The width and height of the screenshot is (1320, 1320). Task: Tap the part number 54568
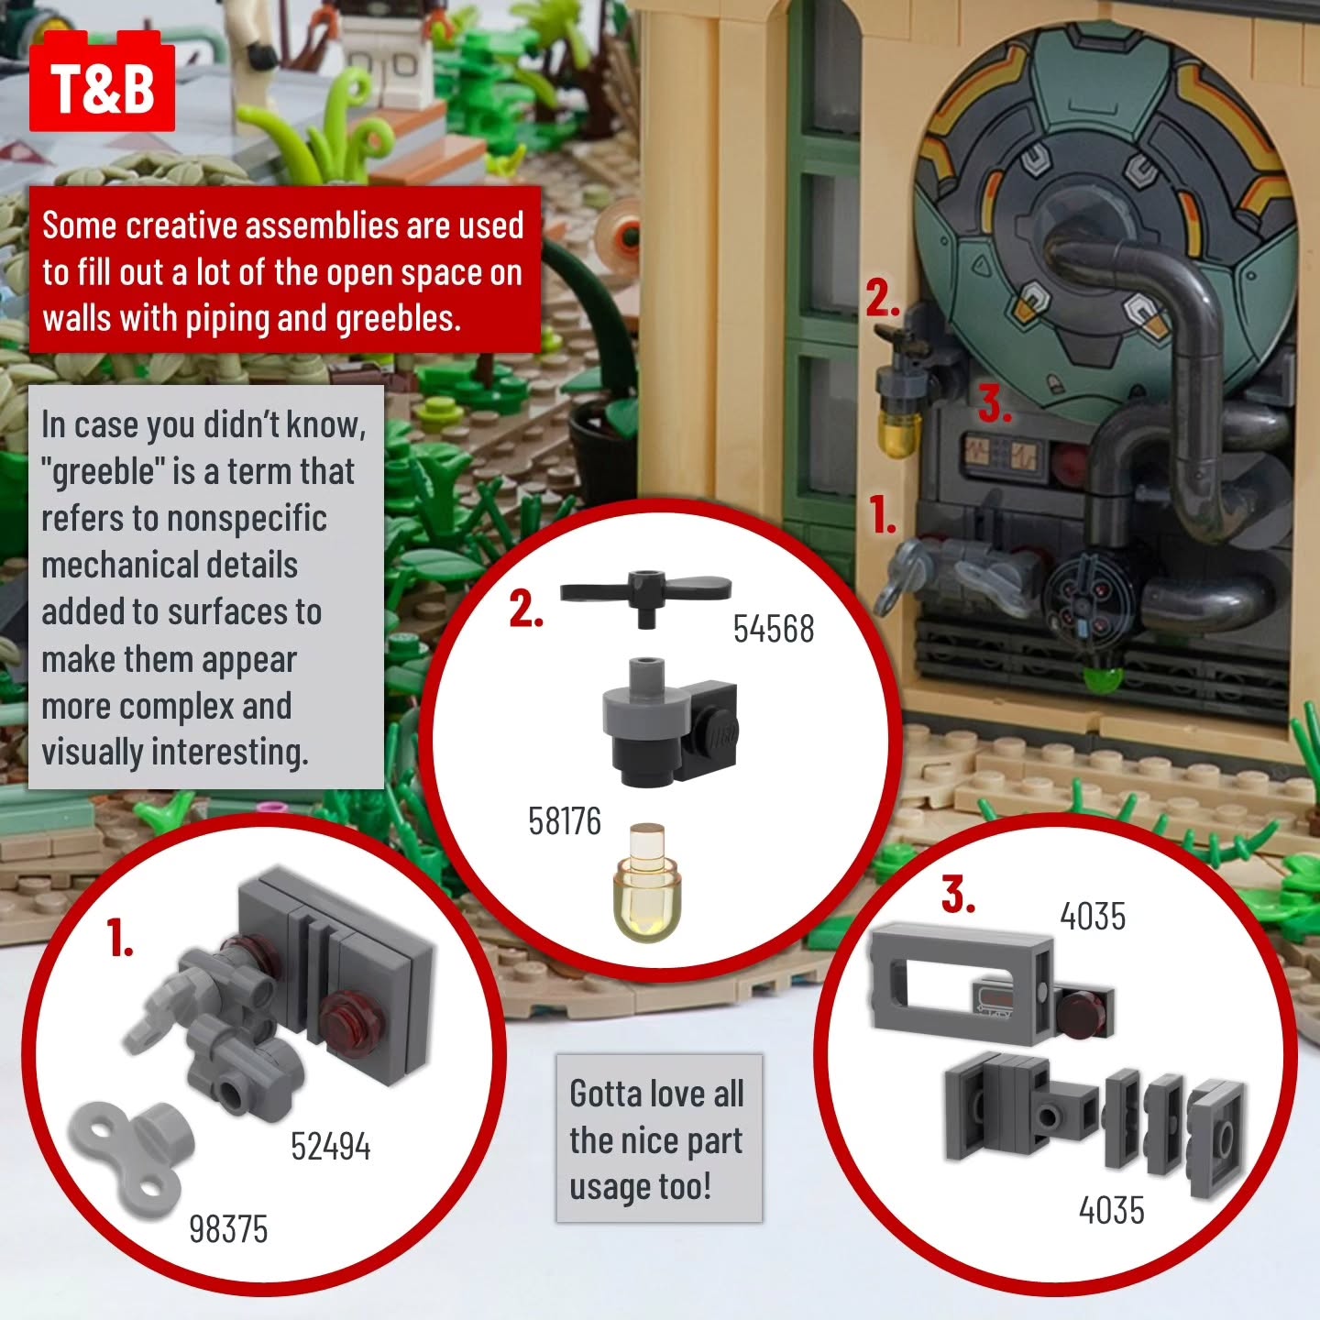click(x=774, y=629)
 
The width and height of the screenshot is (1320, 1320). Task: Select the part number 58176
click(x=565, y=820)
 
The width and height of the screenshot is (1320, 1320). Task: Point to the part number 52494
click(x=330, y=1146)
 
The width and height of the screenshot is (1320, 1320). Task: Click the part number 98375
click(x=228, y=1229)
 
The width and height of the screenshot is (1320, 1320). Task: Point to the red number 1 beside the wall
click(x=883, y=515)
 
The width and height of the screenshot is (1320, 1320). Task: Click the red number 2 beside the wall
click(x=883, y=299)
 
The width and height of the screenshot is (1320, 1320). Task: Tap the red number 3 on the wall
click(x=995, y=404)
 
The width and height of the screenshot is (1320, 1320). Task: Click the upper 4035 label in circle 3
click(x=1093, y=916)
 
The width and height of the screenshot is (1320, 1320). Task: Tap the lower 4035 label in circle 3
click(x=1112, y=1210)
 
